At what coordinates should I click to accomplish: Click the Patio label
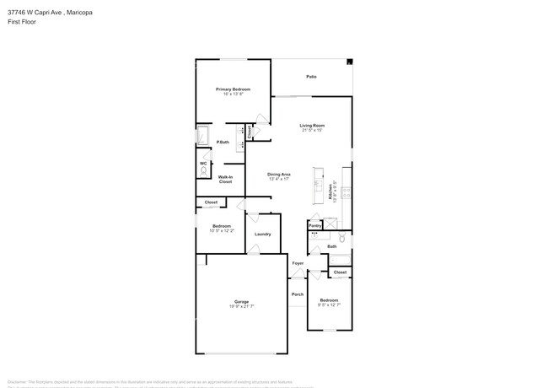tap(311, 77)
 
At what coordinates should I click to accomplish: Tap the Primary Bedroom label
tap(232, 89)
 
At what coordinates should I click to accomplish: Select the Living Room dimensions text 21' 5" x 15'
tap(312, 130)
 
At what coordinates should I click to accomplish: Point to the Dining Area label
tap(279, 174)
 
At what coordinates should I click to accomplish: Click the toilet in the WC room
tap(203, 172)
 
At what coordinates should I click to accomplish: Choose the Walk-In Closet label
tap(225, 179)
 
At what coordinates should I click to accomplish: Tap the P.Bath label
tap(223, 142)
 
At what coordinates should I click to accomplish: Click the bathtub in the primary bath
tap(203, 137)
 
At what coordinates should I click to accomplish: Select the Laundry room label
tap(262, 234)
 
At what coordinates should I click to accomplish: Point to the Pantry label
tap(314, 225)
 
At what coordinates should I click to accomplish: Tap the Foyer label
tap(298, 263)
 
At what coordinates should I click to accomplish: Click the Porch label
tap(297, 294)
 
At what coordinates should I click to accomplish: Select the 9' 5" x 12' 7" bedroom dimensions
tap(328, 305)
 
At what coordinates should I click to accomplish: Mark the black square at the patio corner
tap(350, 62)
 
